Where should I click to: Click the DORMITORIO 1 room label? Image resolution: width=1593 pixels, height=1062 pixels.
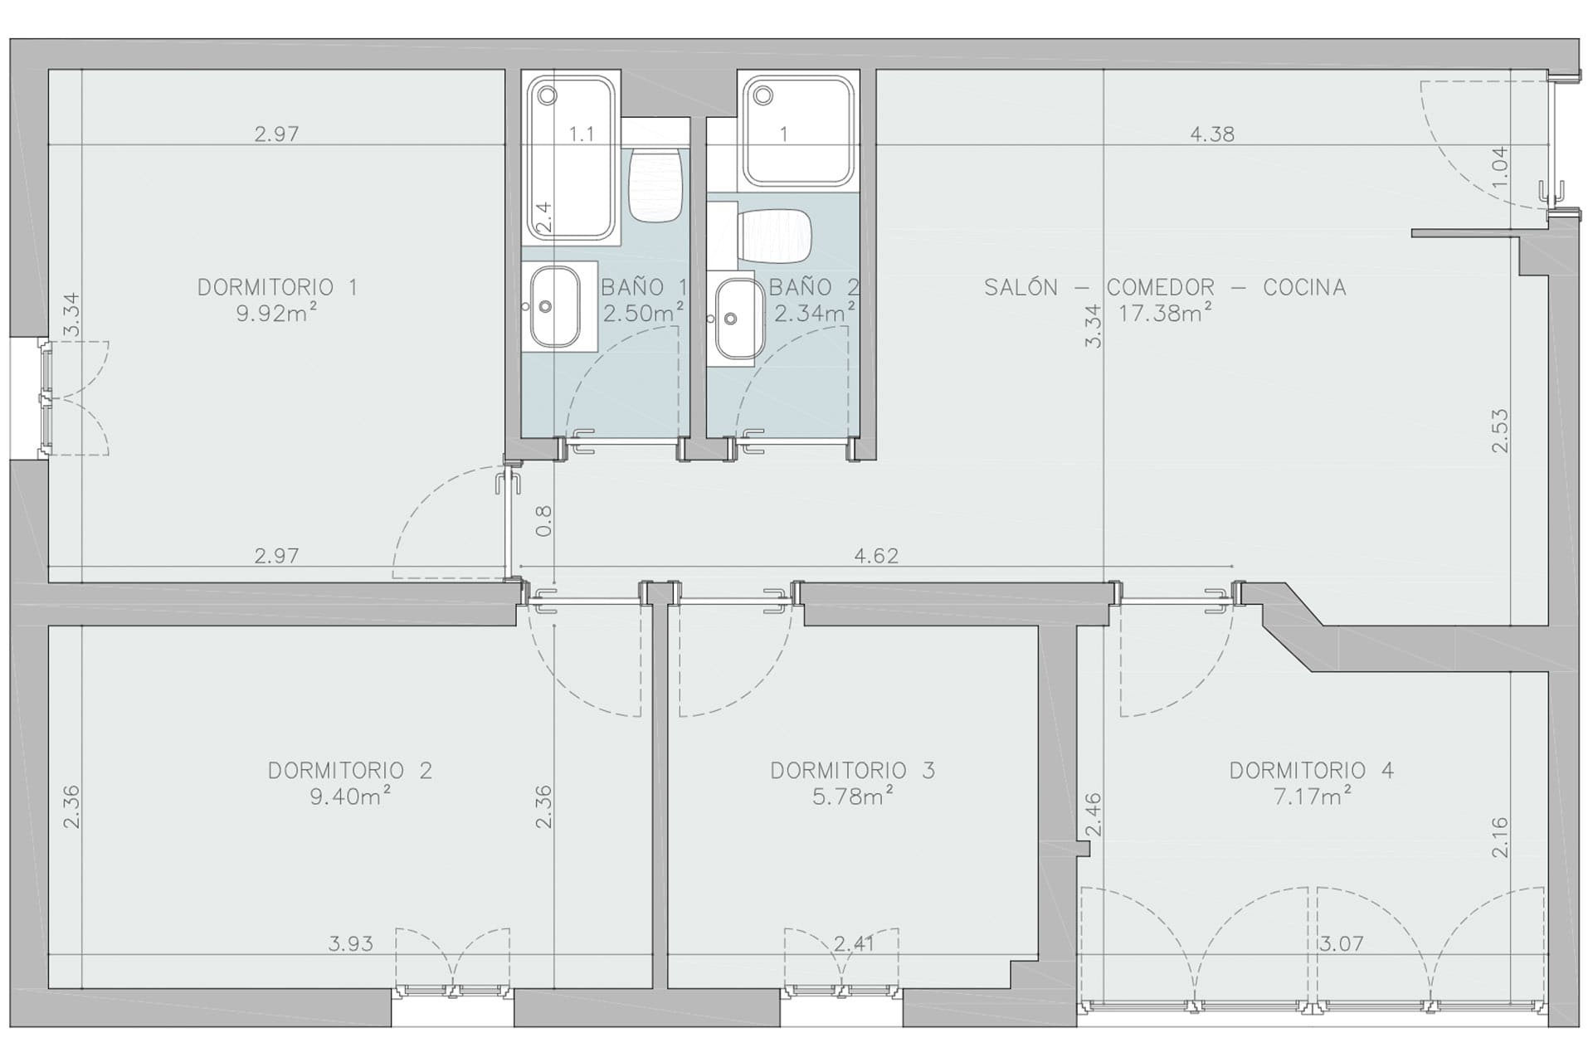tap(277, 287)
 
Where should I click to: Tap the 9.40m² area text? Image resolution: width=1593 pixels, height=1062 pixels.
tap(350, 796)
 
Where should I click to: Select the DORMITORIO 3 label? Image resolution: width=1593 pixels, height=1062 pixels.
tap(852, 771)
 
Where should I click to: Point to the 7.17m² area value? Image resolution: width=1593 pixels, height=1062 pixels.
tap(1312, 796)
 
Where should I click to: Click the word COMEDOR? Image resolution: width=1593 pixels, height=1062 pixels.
tap(1160, 287)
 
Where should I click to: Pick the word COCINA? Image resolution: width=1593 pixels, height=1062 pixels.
tap(1304, 287)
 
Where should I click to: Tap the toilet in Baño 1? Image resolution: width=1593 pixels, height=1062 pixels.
tap(655, 184)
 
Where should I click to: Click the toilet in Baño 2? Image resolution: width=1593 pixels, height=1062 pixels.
tap(773, 233)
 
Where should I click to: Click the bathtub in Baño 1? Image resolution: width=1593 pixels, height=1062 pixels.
tap(571, 158)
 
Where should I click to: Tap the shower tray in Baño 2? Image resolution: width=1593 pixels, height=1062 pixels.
tap(797, 131)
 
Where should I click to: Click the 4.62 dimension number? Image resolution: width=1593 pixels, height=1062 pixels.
tap(876, 555)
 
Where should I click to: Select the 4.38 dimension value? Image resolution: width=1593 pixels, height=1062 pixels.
tap(1212, 134)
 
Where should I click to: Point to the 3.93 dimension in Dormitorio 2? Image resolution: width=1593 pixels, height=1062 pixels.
tap(351, 943)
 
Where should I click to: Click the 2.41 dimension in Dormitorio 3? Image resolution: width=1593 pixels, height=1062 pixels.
tap(854, 943)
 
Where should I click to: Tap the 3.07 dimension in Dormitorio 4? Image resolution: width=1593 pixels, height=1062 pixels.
tap(1342, 943)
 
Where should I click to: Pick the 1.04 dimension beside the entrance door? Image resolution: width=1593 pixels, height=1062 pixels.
tap(1499, 166)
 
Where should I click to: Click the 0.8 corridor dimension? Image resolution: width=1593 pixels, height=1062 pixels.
tap(543, 521)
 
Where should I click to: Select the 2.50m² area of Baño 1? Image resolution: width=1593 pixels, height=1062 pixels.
tap(644, 314)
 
